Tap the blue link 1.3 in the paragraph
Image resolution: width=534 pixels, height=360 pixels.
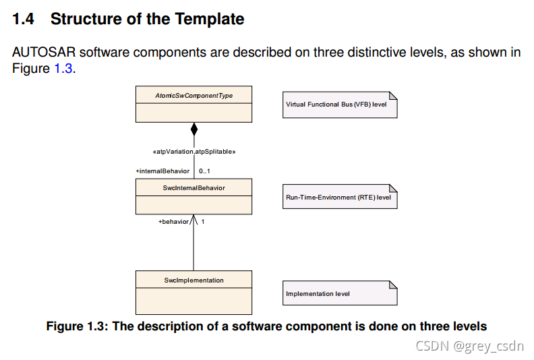[61, 68]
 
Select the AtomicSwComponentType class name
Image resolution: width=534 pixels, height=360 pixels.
[194, 96]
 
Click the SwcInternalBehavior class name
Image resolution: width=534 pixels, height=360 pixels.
[194, 188]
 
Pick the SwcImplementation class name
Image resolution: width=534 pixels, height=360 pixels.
[194, 280]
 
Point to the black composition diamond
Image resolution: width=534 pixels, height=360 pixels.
[194, 129]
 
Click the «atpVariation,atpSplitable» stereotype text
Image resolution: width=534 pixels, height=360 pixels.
[194, 152]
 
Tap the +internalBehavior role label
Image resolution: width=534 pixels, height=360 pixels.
[162, 171]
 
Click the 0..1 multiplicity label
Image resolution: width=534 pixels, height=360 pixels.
[205, 171]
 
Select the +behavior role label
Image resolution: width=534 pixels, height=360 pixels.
[173, 221]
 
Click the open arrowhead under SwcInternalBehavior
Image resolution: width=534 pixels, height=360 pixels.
[194, 219]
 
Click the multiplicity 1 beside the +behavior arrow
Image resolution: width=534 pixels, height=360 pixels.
[203, 221]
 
